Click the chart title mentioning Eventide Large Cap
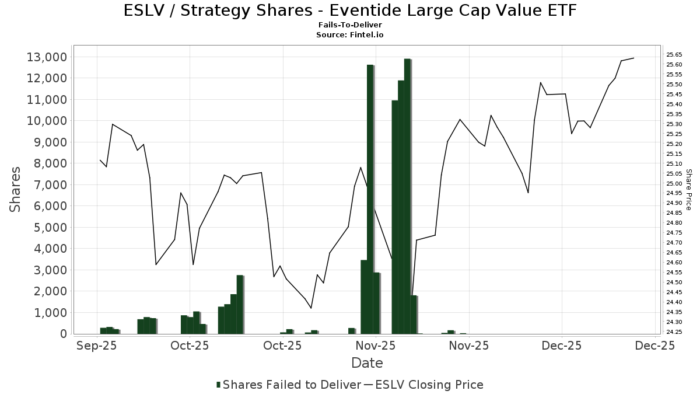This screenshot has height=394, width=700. coord(350,11)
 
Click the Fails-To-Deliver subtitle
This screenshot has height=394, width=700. coord(350,26)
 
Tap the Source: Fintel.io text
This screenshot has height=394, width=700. coord(350,35)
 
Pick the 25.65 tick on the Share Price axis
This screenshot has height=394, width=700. coord(674,55)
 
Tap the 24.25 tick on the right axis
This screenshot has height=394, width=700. coord(674,332)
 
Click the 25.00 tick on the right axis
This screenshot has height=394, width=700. coord(674,183)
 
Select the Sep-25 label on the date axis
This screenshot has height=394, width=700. coord(96,346)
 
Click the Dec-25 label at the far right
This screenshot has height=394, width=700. coord(656,346)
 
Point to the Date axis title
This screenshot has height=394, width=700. coord(367,363)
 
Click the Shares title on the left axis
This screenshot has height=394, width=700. coord(16,189)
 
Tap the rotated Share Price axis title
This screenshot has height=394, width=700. coord(688,189)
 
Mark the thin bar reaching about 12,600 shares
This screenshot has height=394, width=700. coord(370,198)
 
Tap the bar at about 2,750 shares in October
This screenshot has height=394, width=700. coord(239,304)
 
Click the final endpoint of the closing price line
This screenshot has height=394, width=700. coord(633,58)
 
